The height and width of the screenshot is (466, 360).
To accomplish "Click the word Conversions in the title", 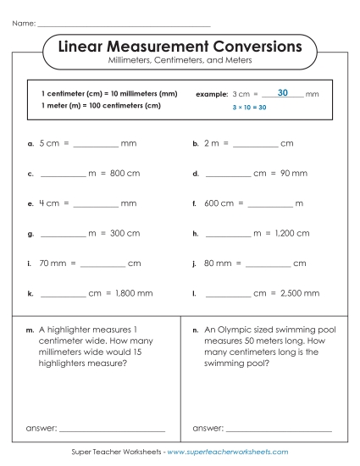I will [x=246, y=46].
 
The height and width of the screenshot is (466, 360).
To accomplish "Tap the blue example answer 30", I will [x=282, y=92].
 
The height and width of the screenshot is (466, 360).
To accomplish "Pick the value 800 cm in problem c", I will [x=123, y=174].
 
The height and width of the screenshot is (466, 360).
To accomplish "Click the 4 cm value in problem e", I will [x=49, y=203].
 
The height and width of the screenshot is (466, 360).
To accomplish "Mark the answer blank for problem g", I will [x=63, y=234].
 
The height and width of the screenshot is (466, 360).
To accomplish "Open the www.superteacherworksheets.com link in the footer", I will [x=228, y=453].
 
